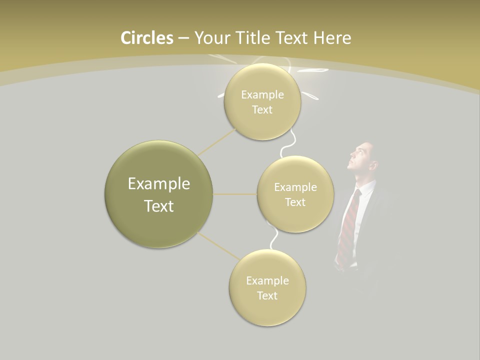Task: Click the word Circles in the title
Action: tap(147, 38)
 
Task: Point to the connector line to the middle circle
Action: tap(235, 194)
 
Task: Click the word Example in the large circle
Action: tap(158, 184)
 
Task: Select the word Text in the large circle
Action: tap(158, 206)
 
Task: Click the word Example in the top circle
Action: tap(262, 94)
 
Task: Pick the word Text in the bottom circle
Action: tap(267, 295)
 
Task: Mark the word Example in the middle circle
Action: tap(295, 187)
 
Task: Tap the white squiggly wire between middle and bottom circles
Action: tap(274, 239)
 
